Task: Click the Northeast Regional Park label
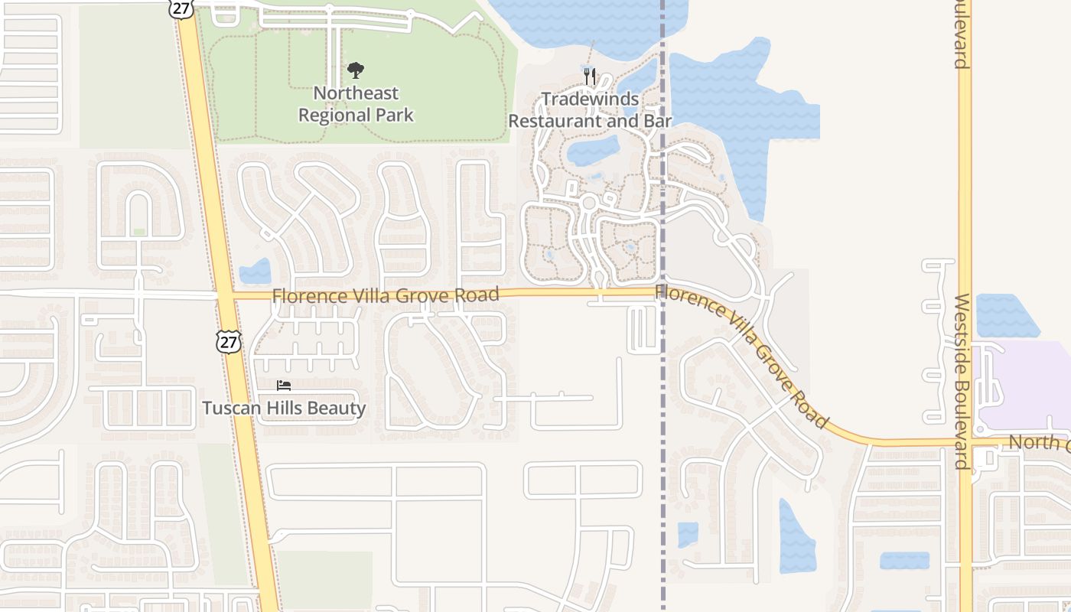click(x=356, y=104)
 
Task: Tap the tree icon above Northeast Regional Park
click(x=355, y=71)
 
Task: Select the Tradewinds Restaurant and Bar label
click(x=590, y=110)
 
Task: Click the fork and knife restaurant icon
click(x=589, y=76)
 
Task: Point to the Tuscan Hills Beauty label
click(x=284, y=408)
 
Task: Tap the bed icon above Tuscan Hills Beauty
click(x=284, y=386)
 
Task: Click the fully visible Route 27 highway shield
click(x=228, y=341)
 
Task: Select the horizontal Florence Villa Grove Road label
click(x=386, y=295)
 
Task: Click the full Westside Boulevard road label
click(x=962, y=381)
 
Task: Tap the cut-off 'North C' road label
click(x=1039, y=442)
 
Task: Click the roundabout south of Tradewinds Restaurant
click(x=588, y=203)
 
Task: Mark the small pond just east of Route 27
click(x=256, y=272)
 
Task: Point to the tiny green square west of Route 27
click(x=138, y=232)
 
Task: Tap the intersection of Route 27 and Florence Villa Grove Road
click(x=225, y=295)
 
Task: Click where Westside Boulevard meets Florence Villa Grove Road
click(x=965, y=442)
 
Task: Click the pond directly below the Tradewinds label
click(x=594, y=149)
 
